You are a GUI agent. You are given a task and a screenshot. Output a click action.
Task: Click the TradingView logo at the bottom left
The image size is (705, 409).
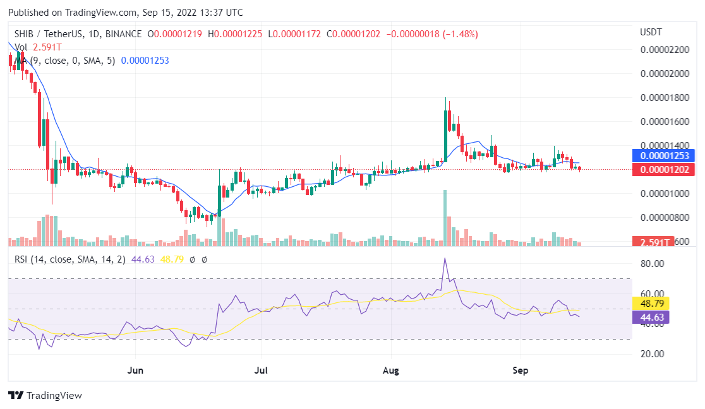45,396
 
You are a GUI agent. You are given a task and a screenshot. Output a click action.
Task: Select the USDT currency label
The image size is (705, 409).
651,32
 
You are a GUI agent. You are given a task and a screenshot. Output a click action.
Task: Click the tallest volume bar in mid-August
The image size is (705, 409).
445,218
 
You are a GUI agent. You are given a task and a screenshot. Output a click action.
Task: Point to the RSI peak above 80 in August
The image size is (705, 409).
445,259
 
